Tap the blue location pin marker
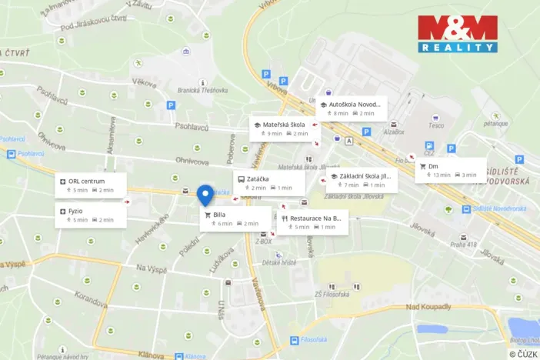[x=205, y=195]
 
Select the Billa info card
[x=235, y=218]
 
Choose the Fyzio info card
[x=90, y=215]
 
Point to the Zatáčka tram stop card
[x=269, y=182]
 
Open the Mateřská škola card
[x=284, y=128]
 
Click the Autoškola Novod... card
[x=350, y=108]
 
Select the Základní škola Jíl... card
[x=361, y=180]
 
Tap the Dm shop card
[x=450, y=170]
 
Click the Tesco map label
[x=436, y=125]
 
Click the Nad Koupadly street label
[x=428, y=308]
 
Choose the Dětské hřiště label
[x=278, y=262]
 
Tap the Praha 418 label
[x=464, y=245]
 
